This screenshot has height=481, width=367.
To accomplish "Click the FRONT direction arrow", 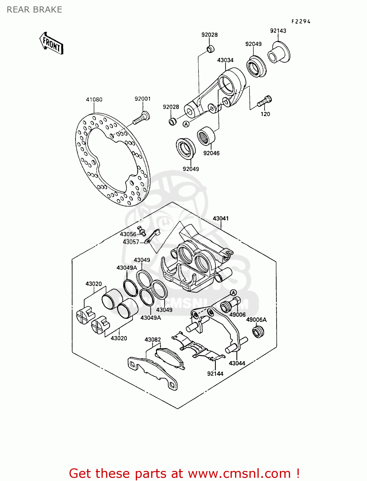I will coord(51,43).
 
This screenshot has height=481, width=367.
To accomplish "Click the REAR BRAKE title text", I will coord(34,10).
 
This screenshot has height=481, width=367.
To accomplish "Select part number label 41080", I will coord(94,99).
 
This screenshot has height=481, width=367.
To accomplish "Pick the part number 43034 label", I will coord(225,60).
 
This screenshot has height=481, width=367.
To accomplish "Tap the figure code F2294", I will coord(301,21).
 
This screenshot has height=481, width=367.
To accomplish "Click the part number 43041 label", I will coord(221,218).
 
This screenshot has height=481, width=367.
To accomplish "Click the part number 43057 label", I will coord(131,242).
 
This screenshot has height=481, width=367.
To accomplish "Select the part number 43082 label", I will coord(153,340).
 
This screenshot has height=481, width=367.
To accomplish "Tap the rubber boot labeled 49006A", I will coord(258,332).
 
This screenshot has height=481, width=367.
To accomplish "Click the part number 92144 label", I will coord(215,374).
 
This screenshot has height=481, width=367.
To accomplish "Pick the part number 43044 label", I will coord(237,363).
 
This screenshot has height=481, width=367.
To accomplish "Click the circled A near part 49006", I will coord(233,292).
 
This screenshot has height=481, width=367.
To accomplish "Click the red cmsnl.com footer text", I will coord(184,473).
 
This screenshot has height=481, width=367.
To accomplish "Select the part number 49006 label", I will coord(237,315).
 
